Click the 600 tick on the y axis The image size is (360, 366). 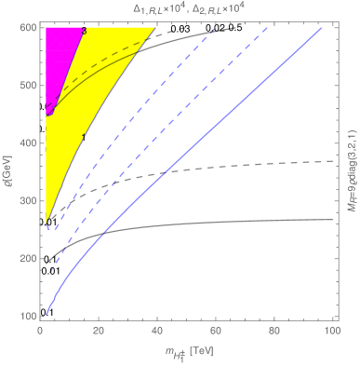point(27,29)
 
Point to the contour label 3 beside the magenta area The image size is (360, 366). point(84,32)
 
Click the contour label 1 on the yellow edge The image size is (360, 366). point(86,138)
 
